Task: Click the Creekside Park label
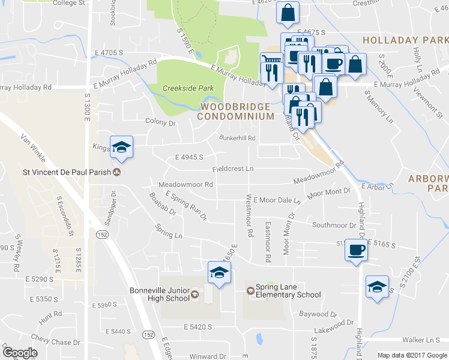188,88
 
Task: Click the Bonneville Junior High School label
160,295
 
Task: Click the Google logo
19,353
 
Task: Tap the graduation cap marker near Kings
121,147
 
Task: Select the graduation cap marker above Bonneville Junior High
219,274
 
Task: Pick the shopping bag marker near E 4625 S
288,12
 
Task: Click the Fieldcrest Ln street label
232,169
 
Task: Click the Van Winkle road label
33,148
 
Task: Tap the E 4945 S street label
190,157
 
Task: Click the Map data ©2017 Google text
412,355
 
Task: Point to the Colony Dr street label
160,122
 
